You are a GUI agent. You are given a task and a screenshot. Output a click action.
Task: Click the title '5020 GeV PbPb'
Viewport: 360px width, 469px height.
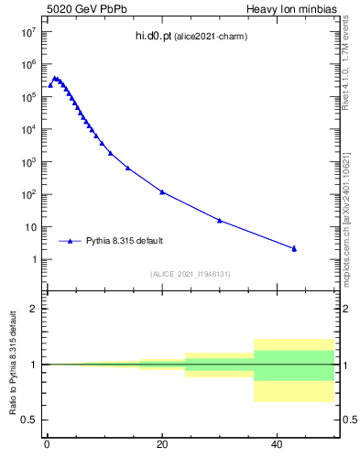[x=80, y=9]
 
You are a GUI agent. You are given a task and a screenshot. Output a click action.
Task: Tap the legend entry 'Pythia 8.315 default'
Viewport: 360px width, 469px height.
[x=125, y=241]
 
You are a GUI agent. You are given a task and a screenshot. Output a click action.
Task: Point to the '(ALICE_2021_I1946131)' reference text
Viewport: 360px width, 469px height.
[x=191, y=274]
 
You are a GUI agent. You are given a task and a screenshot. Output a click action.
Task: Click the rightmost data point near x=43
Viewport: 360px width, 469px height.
[x=294, y=248]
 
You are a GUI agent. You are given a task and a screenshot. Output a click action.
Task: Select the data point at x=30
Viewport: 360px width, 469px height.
[x=220, y=220]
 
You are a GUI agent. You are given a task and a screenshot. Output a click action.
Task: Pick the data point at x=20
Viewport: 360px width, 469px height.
[x=162, y=191]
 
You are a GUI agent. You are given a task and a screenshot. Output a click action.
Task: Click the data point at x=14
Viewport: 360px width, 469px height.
[x=127, y=168]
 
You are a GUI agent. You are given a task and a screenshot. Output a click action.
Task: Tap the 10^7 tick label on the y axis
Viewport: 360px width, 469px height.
[x=29, y=31]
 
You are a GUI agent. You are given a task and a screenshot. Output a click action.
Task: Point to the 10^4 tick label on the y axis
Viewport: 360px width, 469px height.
[x=29, y=129]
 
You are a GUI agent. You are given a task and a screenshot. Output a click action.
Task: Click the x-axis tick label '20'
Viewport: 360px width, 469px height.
[x=162, y=446]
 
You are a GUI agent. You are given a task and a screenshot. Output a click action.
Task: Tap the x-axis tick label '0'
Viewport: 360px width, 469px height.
[x=47, y=446]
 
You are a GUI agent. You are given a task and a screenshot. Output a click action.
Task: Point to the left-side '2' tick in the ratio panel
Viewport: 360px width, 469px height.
[x=34, y=309]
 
